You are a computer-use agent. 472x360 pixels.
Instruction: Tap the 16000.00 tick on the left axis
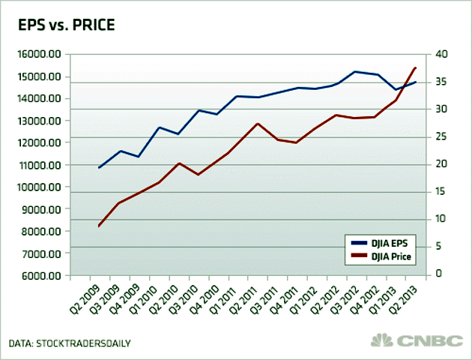(37, 54)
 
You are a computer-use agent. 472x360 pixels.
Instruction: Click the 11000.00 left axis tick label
(37, 165)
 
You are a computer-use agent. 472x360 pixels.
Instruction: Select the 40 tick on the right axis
(441, 54)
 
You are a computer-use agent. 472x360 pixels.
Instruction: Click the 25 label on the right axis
(441, 136)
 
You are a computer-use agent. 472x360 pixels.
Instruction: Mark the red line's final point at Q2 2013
(415, 68)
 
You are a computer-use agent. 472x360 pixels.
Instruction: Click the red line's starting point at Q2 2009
(100, 226)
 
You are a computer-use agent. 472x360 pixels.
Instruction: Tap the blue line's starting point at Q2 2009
(100, 167)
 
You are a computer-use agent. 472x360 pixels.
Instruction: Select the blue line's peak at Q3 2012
(355, 71)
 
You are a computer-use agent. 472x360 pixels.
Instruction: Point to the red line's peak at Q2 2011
(257, 123)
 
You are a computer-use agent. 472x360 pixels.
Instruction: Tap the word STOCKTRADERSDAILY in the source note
(86, 343)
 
